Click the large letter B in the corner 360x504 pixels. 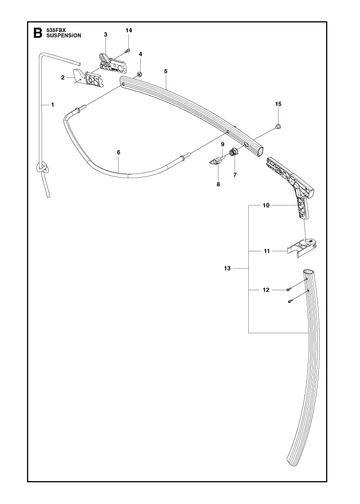click(38, 33)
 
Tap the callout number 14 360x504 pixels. click(129, 30)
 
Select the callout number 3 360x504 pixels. click(105, 34)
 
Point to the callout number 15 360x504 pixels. click(278, 104)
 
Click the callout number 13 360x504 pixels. click(227, 268)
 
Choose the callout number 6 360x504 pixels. click(118, 152)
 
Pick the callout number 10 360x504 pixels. click(266, 205)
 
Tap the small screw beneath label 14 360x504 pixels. click(127, 51)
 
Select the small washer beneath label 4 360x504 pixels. click(140, 74)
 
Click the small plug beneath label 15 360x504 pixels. click(278, 126)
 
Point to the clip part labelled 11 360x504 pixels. click(302, 247)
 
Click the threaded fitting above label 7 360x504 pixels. click(234, 152)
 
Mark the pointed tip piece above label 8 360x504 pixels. click(214, 161)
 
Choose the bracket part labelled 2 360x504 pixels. click(88, 78)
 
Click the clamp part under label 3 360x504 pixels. click(112, 63)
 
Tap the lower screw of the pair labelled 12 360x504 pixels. click(290, 301)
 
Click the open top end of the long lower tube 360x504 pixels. click(308, 272)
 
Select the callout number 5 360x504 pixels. click(166, 71)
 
